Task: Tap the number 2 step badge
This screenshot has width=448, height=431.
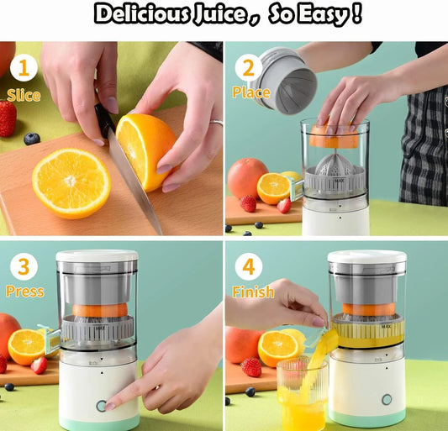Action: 248,67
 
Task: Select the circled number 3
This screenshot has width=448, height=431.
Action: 23,268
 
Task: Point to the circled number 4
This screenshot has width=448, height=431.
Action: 248,268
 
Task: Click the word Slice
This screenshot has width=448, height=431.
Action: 24,95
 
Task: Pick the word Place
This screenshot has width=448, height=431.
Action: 250,92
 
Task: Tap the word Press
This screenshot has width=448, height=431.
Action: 24,292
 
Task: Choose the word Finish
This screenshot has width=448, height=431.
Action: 252,292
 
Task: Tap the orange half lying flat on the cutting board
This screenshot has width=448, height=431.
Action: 71,183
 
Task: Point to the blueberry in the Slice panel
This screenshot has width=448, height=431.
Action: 32,139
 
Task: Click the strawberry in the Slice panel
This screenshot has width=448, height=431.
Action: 8,118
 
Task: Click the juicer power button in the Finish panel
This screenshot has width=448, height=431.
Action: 387,400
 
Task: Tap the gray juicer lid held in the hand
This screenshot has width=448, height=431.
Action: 286,78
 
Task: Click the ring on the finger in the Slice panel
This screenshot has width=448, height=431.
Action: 217,124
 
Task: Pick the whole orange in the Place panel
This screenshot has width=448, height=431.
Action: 247,177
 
